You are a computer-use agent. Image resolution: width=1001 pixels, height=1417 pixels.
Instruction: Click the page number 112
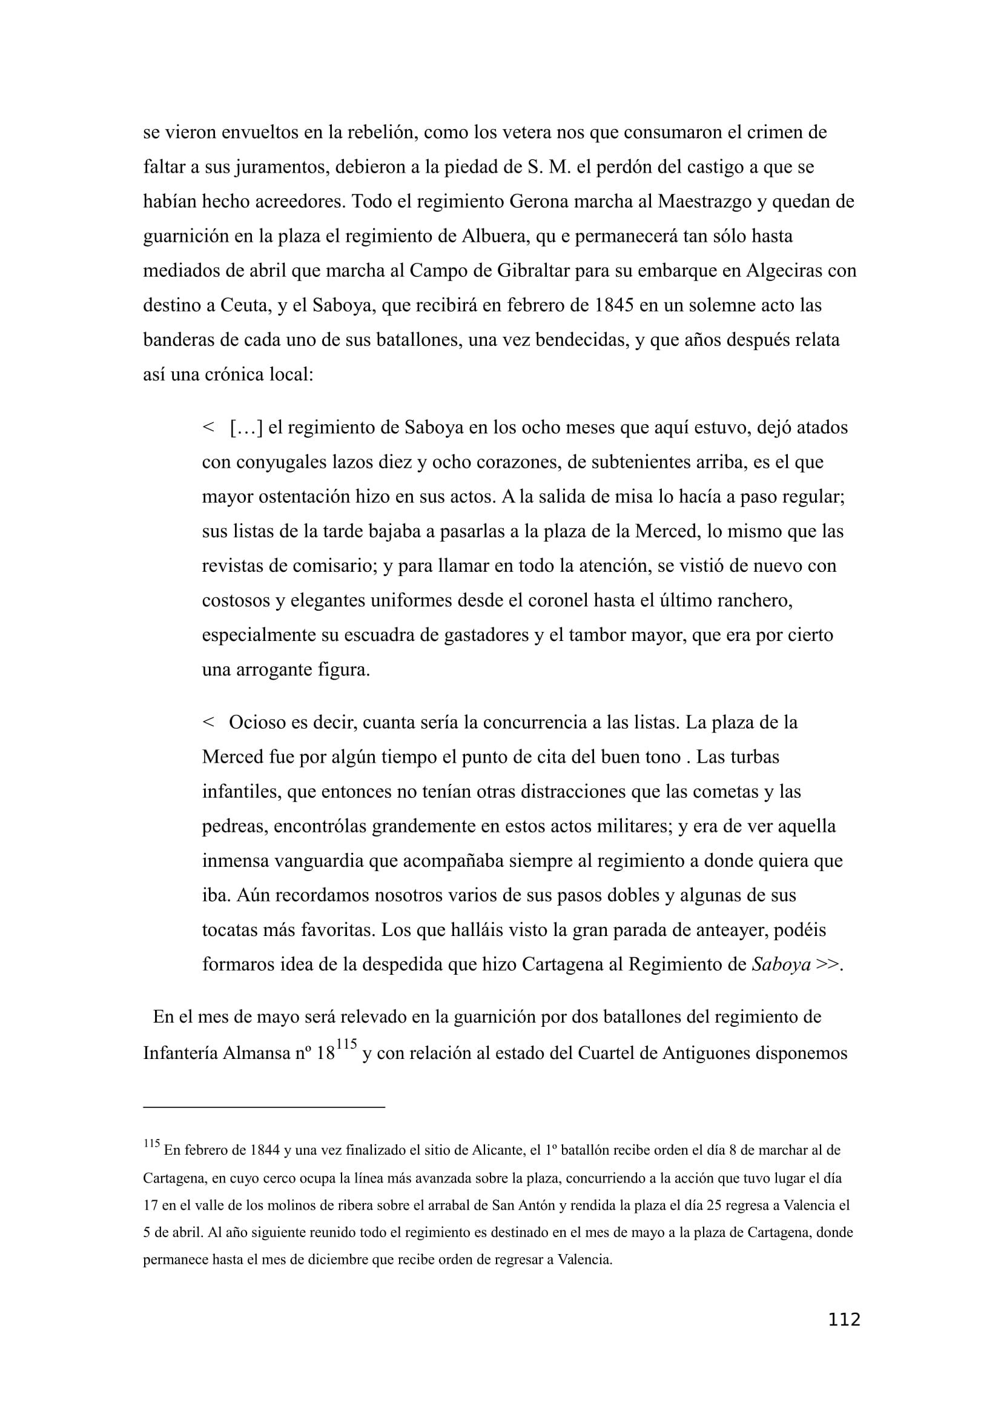[844, 1320]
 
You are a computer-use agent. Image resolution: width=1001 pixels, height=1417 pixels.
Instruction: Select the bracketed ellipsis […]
[246, 428]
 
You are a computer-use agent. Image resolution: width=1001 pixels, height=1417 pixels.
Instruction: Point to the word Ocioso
[257, 723]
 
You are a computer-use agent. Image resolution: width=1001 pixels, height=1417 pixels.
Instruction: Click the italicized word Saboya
[781, 964]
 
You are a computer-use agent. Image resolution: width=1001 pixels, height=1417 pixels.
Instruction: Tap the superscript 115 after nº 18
[347, 1045]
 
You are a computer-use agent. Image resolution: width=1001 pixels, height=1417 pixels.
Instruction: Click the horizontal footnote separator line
[264, 1107]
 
